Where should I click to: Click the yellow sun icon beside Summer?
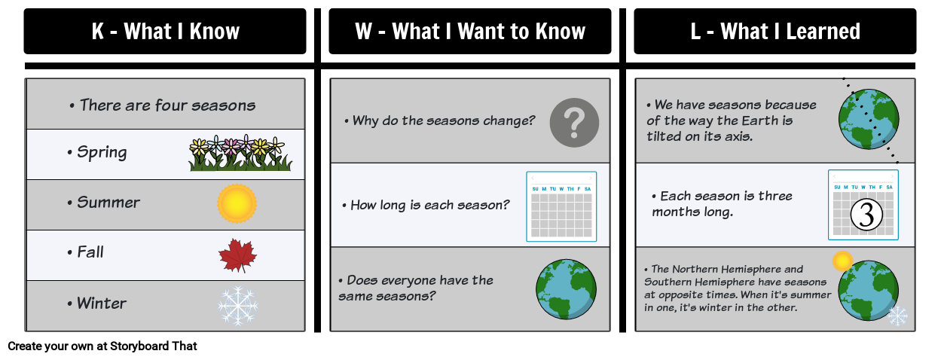coord(237,203)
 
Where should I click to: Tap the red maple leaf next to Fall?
coord(237,255)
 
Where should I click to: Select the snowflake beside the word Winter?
coord(237,305)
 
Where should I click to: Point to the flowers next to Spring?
coord(240,154)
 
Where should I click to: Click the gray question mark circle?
coord(574,121)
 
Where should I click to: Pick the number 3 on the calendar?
coord(866,215)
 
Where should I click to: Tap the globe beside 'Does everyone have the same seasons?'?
coord(566,290)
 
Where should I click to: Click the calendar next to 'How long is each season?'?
coord(561,206)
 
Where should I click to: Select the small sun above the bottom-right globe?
coord(842,261)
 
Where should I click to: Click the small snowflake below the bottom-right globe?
coord(897,316)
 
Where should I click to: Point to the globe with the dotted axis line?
coord(869,119)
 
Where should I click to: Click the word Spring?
coord(102,153)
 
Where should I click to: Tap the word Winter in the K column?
coord(102,304)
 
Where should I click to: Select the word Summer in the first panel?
coord(108,203)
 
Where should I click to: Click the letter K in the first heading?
coord(98,32)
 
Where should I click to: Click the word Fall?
coord(90,252)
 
